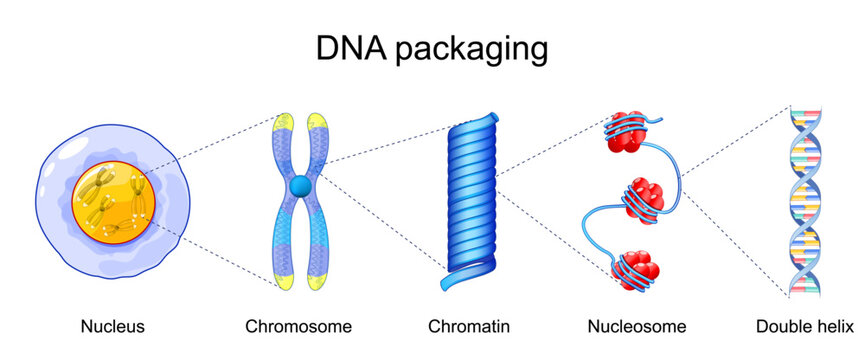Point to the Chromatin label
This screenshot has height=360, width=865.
click(469, 326)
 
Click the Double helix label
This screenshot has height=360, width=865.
click(805, 326)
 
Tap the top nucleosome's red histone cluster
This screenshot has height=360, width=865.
click(620, 133)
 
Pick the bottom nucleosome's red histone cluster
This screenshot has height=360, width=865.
click(636, 265)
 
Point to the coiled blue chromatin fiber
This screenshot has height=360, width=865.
click(469, 190)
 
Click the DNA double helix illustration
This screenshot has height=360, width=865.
click(806, 200)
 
